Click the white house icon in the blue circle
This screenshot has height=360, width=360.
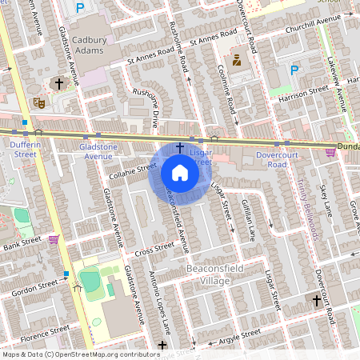pyautogui.click(x=179, y=172)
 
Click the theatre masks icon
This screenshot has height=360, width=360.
pyautogui.click(x=38, y=103)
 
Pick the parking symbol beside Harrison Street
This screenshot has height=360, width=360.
pyautogui.click(x=294, y=70)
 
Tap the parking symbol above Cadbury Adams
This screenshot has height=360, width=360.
pyautogui.click(x=79, y=8)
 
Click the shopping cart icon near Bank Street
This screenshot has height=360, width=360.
pyautogui.click(x=54, y=239)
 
